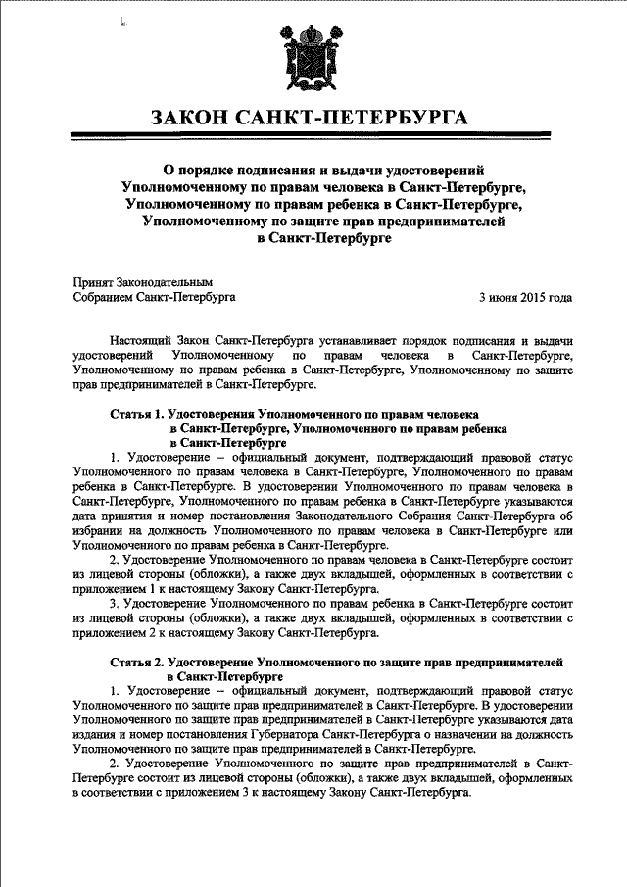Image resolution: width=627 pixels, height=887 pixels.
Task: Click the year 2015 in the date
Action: (x=529, y=295)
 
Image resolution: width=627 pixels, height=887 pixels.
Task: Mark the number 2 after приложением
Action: (x=154, y=634)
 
